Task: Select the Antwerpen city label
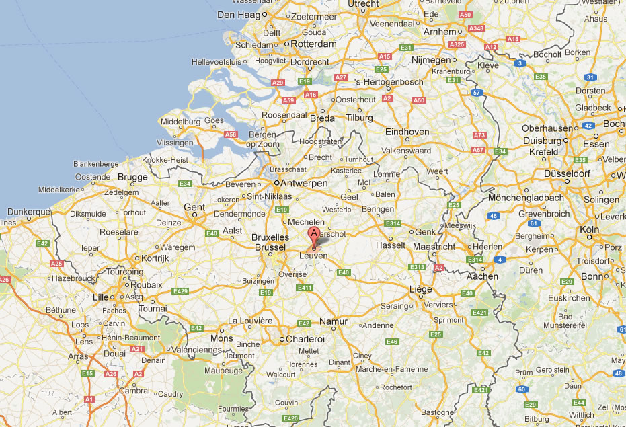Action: (x=304, y=183)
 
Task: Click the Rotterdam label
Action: (x=313, y=44)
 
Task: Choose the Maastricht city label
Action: (x=434, y=247)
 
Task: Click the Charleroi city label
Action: (x=305, y=339)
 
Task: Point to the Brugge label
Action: (x=132, y=177)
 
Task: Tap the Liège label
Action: (x=420, y=289)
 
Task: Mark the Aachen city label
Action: (x=483, y=276)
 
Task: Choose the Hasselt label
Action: (x=391, y=246)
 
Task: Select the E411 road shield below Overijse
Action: (x=305, y=288)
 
